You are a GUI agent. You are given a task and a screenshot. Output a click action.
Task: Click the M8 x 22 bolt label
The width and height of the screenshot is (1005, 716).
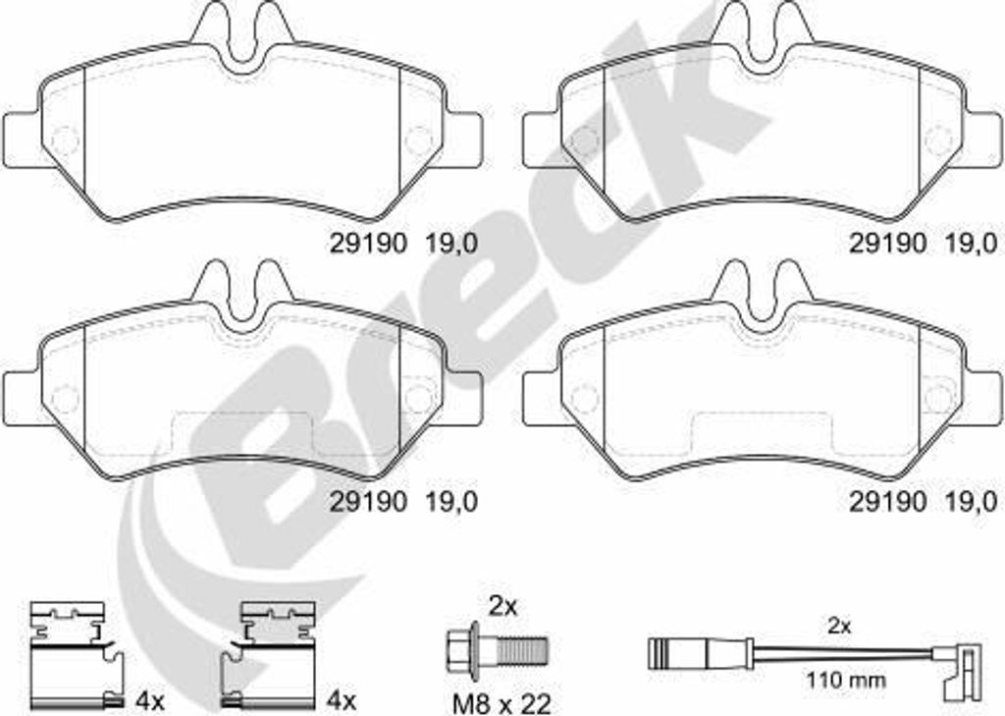coord(502,704)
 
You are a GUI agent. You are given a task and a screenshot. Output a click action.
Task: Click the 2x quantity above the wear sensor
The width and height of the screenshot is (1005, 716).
coord(839,627)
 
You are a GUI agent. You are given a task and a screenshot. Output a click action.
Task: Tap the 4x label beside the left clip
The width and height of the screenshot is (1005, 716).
coord(150,701)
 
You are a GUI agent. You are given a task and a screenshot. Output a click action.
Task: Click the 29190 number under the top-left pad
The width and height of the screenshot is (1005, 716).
coord(368,244)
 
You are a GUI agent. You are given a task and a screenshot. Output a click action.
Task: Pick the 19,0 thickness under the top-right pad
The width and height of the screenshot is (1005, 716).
coord(971,244)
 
